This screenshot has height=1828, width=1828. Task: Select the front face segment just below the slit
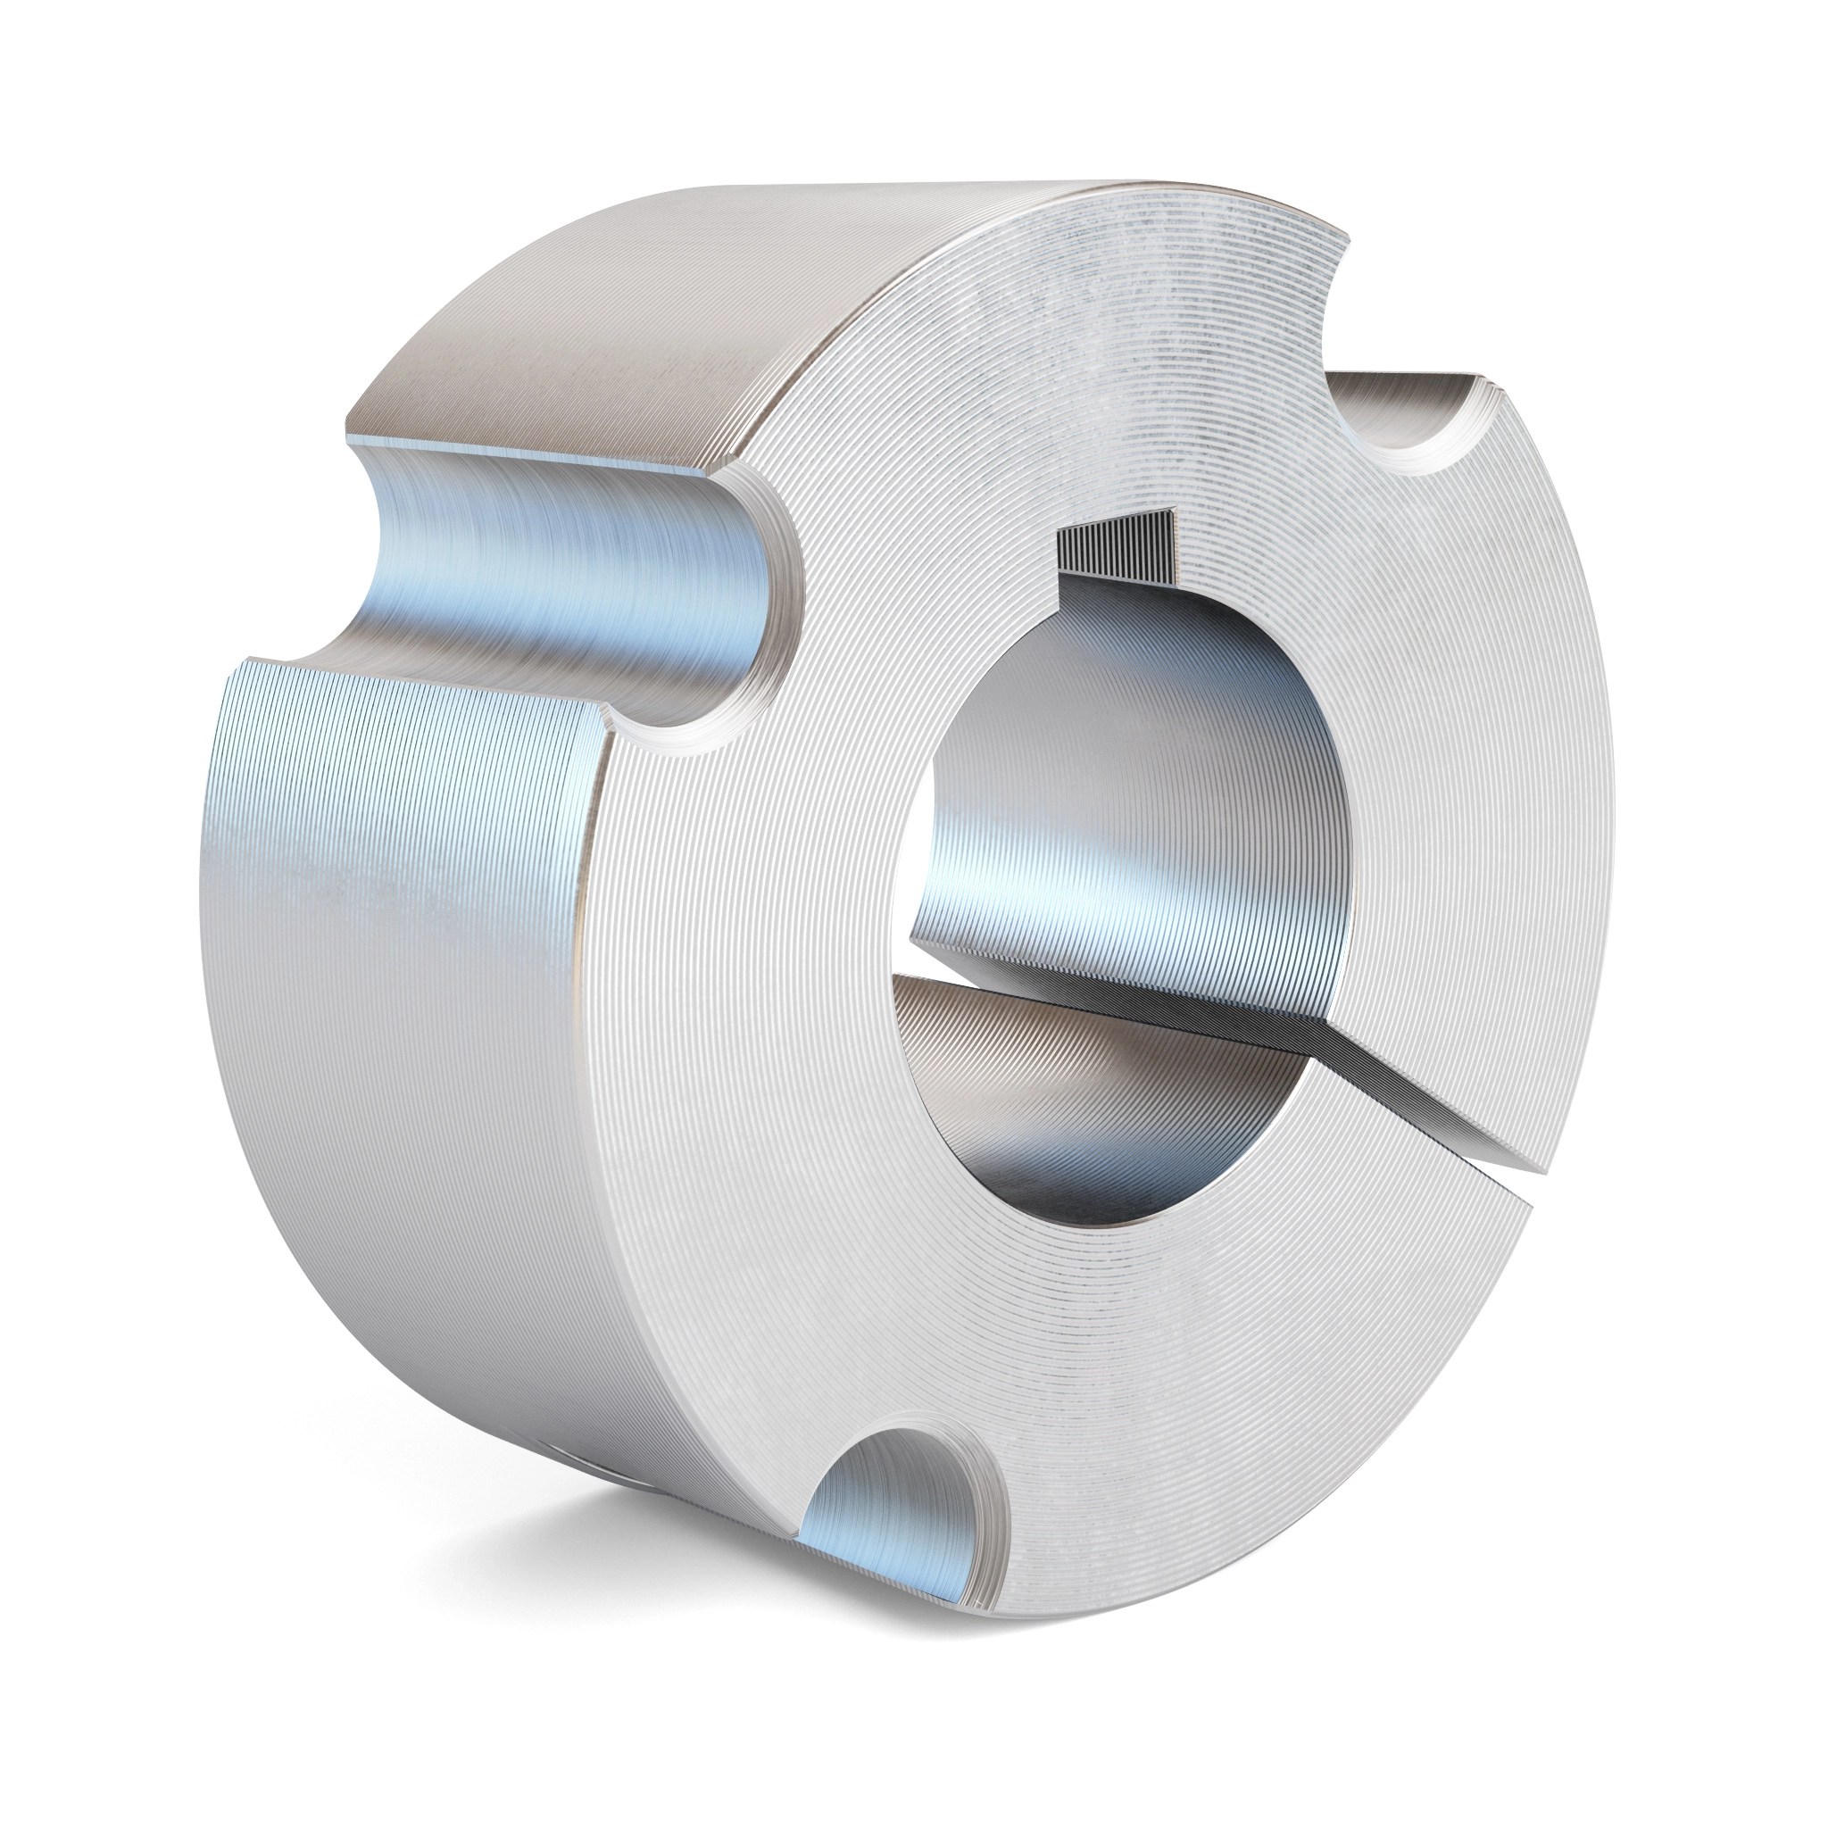(1419, 1325)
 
